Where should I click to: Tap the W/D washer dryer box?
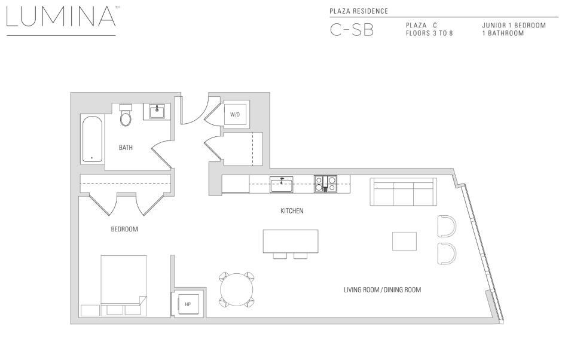[235, 114]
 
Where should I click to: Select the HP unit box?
[188, 304]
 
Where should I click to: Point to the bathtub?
[92, 139]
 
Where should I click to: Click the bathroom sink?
[157, 111]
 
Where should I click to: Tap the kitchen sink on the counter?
[280, 184]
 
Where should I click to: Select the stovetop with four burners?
[326, 184]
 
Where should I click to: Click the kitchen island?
[291, 241]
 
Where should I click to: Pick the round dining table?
[237, 289]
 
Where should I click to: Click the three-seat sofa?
[404, 191]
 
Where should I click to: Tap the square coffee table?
[404, 241]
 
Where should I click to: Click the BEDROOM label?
[124, 229]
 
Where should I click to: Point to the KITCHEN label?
[292, 211]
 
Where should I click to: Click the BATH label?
[126, 148]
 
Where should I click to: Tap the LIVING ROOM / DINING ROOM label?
[382, 290]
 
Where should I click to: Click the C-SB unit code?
[352, 30]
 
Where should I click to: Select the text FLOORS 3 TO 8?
[429, 33]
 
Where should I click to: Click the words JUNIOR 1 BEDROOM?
[514, 26]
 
